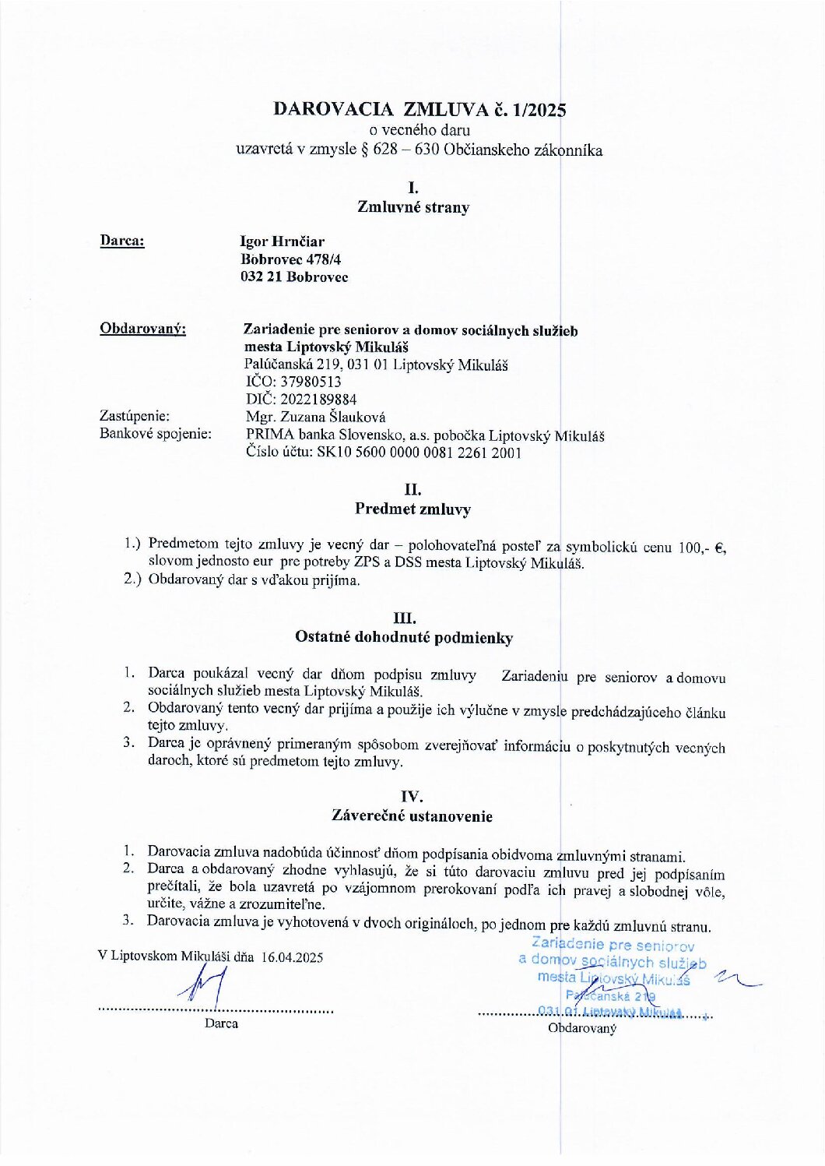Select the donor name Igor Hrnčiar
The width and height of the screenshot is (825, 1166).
coord(282,241)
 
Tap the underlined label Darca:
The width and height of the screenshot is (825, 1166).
coord(122,241)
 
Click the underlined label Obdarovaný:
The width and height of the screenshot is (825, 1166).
coord(142,329)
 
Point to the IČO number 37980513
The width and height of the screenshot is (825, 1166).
coord(311,382)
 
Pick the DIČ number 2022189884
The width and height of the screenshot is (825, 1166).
coord(318,400)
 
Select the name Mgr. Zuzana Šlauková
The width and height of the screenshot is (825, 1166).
coord(315,417)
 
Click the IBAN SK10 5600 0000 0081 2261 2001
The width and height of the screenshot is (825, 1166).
coord(419,453)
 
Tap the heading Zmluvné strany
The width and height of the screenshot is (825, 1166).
coord(413,207)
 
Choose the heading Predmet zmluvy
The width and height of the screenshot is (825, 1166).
coord(412,509)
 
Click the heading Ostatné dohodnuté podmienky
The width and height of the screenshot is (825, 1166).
coord(403,638)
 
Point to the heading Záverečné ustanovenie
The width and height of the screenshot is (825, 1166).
coord(412,816)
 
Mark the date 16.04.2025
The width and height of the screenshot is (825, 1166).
coord(292,957)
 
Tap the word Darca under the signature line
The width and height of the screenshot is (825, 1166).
coord(221,1023)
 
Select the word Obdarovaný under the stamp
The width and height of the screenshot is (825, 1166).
coord(582,1028)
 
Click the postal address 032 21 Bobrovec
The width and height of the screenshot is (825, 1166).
coord(294,277)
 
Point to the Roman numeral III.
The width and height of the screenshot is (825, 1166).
coord(405,618)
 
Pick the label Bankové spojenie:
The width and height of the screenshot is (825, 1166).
coord(156,434)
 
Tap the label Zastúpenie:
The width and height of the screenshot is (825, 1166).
coord(134,417)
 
